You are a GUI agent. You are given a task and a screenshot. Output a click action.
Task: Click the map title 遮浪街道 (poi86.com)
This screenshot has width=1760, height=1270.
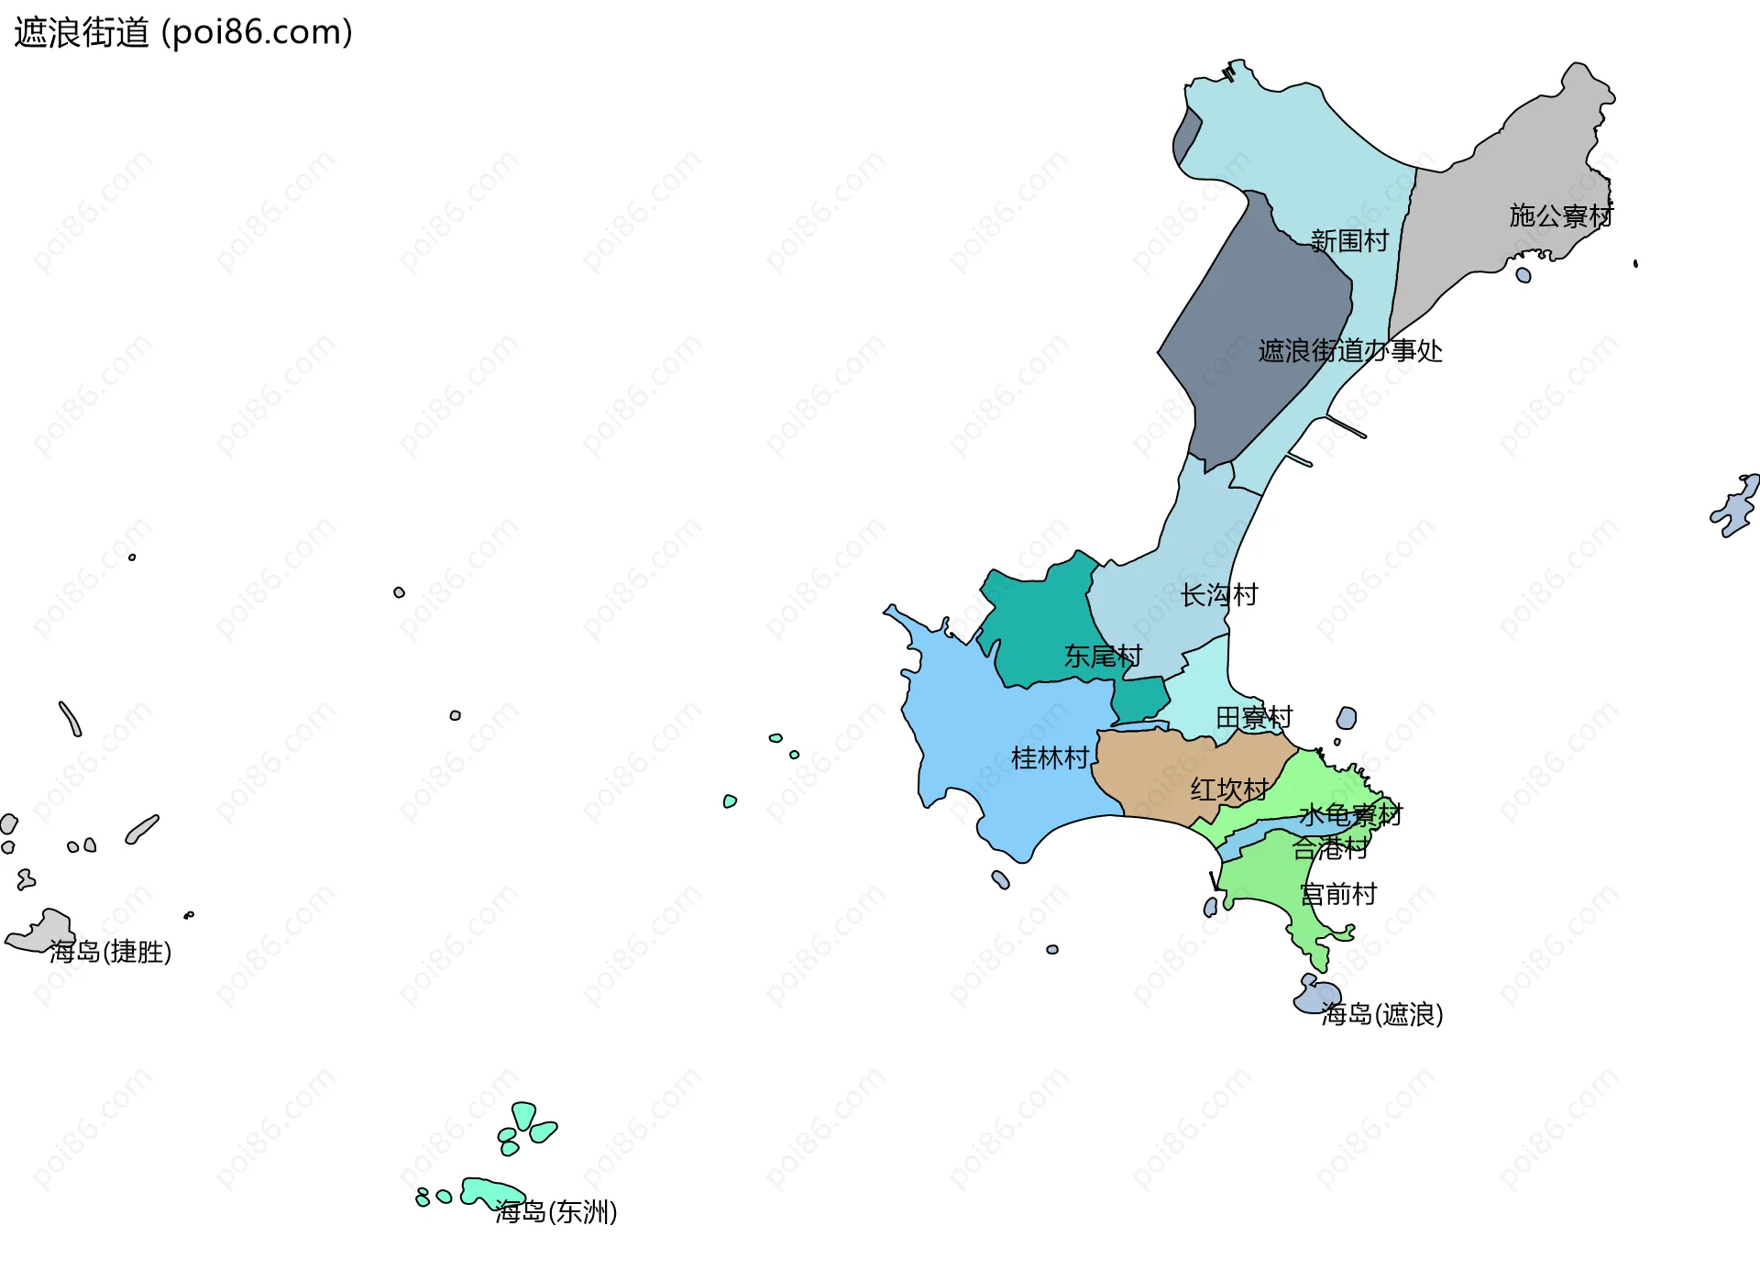[x=183, y=32]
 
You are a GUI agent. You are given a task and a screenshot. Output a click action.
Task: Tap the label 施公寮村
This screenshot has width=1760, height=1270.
[x=1561, y=216]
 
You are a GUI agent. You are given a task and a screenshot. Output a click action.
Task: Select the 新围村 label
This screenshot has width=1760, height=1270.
[x=1349, y=241]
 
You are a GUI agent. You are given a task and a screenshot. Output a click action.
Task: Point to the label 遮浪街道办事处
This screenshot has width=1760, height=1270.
[x=1350, y=351]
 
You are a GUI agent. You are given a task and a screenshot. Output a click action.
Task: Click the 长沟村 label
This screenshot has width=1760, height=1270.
[x=1219, y=595]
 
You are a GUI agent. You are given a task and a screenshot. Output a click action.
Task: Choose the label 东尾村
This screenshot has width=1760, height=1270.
[x=1103, y=657]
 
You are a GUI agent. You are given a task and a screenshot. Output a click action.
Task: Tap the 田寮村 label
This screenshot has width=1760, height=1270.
[x=1254, y=717]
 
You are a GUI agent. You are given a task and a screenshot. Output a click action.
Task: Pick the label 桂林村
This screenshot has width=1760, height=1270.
[x=1050, y=758]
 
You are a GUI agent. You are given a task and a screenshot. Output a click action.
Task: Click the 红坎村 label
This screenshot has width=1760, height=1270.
[x=1229, y=790]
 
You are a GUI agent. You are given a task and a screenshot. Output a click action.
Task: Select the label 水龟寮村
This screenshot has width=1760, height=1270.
[x=1350, y=815]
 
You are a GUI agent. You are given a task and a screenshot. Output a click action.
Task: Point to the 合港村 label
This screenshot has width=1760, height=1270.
[x=1330, y=848]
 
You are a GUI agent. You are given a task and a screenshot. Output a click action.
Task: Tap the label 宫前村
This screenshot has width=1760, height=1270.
[x=1338, y=894]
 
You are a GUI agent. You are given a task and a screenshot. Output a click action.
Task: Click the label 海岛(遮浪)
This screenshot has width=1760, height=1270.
[x=1382, y=1014]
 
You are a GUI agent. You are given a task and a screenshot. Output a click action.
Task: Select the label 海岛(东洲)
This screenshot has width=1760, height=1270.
[x=556, y=1212]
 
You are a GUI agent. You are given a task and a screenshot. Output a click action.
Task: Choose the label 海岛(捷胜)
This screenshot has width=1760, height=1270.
[x=110, y=952]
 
